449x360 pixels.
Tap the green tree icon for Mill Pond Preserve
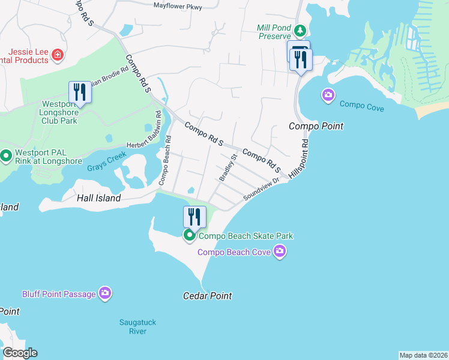click(x=299, y=31)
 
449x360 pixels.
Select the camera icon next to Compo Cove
click(x=328, y=95)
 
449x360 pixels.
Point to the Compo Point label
click(x=316, y=126)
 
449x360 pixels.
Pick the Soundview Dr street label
click(x=262, y=189)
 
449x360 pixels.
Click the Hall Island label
click(x=98, y=197)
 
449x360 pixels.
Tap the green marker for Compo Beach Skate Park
click(x=190, y=235)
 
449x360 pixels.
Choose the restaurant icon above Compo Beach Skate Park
click(x=194, y=217)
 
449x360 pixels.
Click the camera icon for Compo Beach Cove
click(x=279, y=251)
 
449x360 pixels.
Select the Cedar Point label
click(x=207, y=296)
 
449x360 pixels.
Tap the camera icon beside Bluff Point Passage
click(x=106, y=293)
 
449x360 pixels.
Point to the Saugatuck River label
click(x=137, y=326)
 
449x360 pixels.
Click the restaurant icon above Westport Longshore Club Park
click(x=79, y=92)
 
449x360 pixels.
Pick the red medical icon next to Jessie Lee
click(x=58, y=55)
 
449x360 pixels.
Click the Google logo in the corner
click(x=19, y=352)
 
